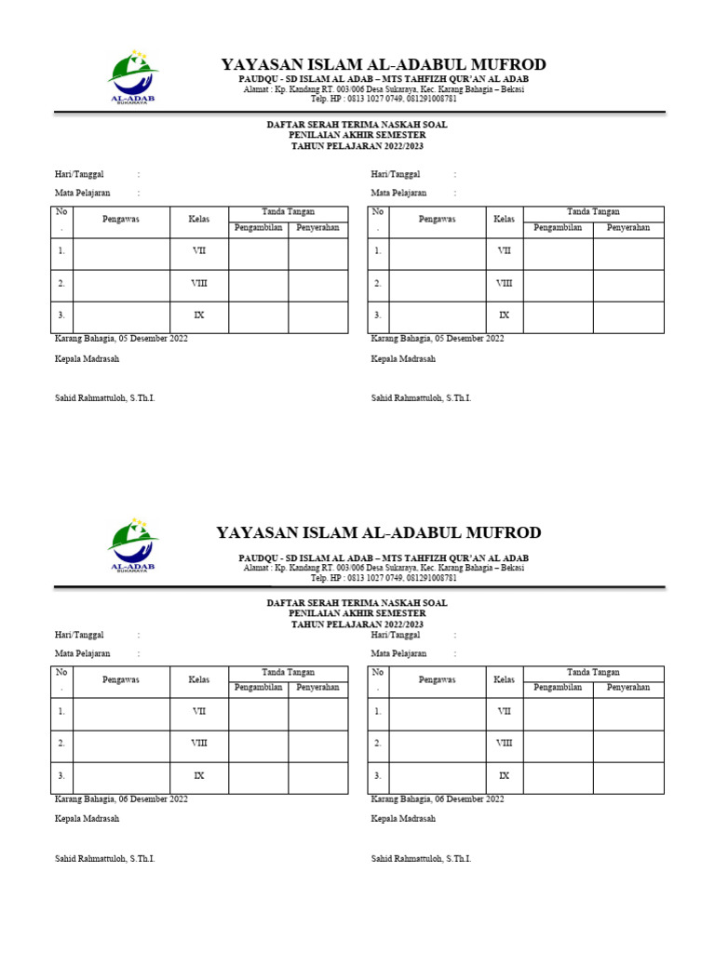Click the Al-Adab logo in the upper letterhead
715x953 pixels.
pyautogui.click(x=133, y=78)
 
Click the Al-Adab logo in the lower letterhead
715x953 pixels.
pyautogui.click(x=133, y=546)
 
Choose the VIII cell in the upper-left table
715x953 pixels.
pyautogui.click(x=199, y=284)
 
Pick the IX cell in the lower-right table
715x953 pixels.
pyautogui.click(x=505, y=775)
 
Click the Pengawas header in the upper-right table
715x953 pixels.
pyautogui.click(x=438, y=219)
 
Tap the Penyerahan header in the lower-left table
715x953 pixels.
pyautogui.click(x=318, y=688)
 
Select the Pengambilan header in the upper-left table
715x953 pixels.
pyautogui.click(x=259, y=227)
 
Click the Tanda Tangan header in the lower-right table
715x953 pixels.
pyautogui.click(x=594, y=672)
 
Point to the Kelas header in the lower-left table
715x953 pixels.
pyautogui.click(x=199, y=679)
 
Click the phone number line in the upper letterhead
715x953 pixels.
pyautogui.click(x=384, y=98)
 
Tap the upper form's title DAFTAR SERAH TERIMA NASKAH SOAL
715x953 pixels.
pyautogui.click(x=357, y=124)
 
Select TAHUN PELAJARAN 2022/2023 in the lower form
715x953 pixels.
pyautogui.click(x=357, y=624)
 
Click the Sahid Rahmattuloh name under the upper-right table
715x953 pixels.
pyautogui.click(x=422, y=398)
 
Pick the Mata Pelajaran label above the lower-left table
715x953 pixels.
pyautogui.click(x=83, y=653)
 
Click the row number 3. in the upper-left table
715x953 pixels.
pyautogui.click(x=61, y=315)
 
